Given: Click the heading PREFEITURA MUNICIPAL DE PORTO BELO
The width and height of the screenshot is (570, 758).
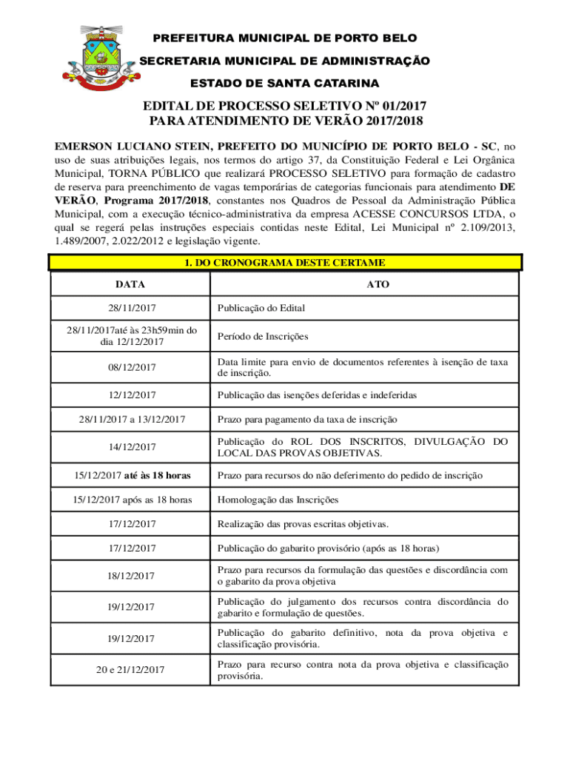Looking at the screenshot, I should [285, 38].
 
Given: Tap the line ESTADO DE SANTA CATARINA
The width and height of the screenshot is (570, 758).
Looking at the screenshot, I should [285, 83].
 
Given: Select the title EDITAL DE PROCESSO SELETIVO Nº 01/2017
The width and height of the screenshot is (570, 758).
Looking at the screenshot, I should [285, 106].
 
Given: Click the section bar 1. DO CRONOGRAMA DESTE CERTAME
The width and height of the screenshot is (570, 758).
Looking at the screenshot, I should [285, 263].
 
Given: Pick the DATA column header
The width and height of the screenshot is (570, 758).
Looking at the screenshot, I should [130, 284].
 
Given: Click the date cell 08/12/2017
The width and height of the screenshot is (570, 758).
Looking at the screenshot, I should [130, 367].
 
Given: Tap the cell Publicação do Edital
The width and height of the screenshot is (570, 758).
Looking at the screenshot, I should [261, 308].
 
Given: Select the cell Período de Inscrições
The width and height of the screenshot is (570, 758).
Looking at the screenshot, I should [262, 336].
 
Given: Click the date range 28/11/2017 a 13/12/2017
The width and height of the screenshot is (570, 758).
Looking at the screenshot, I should [130, 420].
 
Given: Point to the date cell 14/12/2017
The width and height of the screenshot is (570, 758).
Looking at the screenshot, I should [130, 446].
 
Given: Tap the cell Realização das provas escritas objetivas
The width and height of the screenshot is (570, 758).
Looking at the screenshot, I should [302, 524].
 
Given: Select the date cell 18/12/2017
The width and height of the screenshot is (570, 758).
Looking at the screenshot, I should [130, 575].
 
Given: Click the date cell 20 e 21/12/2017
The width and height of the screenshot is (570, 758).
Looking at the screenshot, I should [130, 670].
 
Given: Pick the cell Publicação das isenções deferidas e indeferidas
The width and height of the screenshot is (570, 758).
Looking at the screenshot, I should [317, 395].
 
